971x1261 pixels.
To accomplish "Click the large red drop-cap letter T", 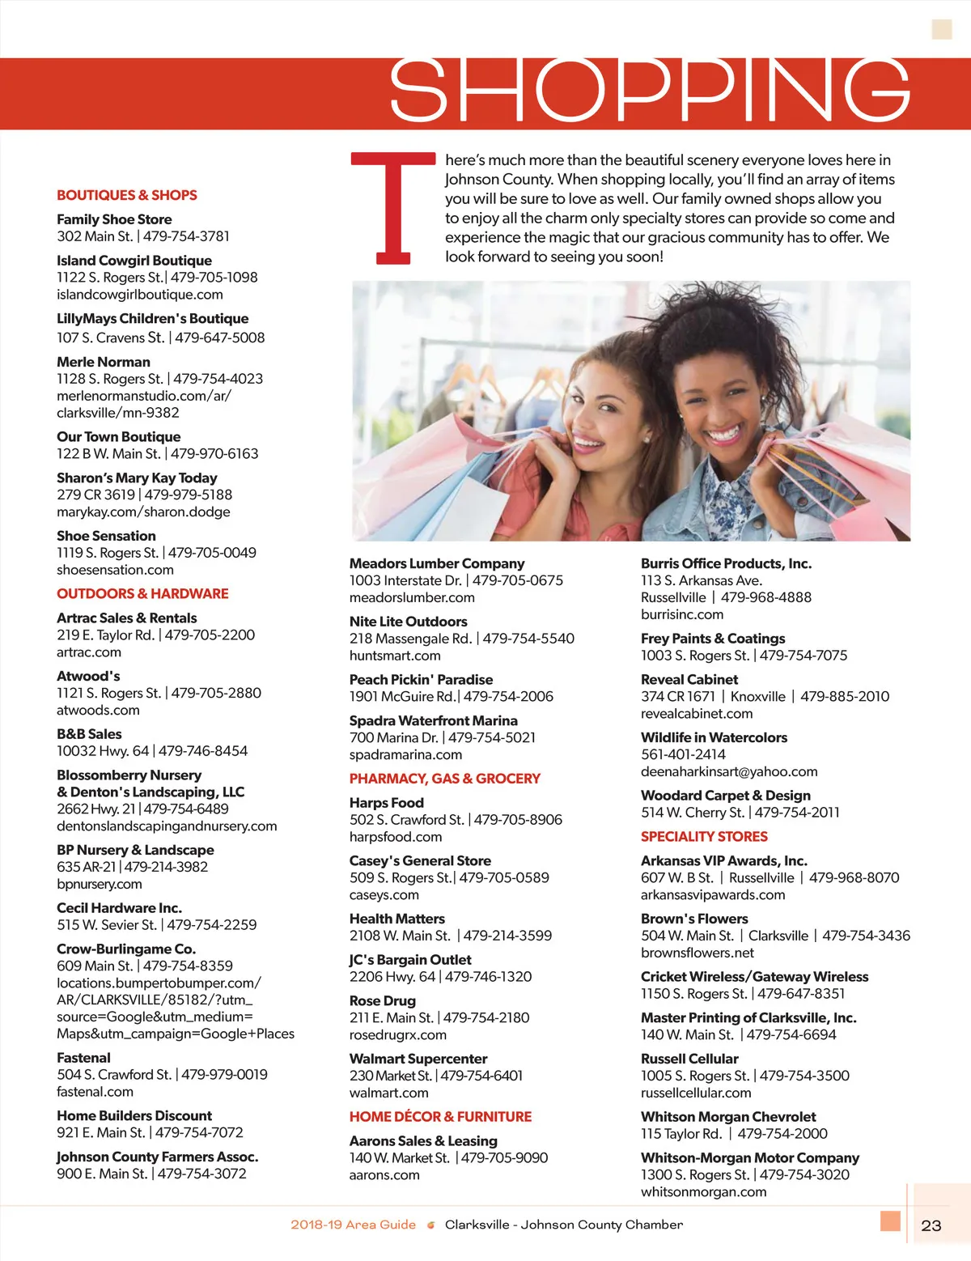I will pyautogui.click(x=392, y=208).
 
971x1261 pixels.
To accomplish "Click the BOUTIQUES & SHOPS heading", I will pyautogui.click(x=127, y=195).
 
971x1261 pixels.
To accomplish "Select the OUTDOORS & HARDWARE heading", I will pyautogui.click(x=142, y=593).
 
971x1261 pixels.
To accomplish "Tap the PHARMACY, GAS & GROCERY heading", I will pyautogui.click(x=444, y=779).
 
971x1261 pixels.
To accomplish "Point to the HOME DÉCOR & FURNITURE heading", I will pyautogui.click(x=440, y=1117).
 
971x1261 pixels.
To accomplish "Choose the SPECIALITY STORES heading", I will pyautogui.click(x=704, y=837).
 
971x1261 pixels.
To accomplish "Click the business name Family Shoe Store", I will pyautogui.click(x=114, y=219).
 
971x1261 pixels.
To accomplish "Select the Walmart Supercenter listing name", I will pyautogui.click(x=418, y=1059).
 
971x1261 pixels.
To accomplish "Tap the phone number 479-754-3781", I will pyautogui.click(x=186, y=236).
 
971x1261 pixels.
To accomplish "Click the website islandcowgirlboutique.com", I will pyautogui.click(x=140, y=295).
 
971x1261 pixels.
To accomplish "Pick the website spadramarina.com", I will pyautogui.click(x=405, y=754).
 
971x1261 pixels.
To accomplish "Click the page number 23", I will pyautogui.click(x=931, y=1225).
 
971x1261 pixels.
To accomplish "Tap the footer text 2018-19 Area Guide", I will pyautogui.click(x=353, y=1225).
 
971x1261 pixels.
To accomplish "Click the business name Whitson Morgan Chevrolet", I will pyautogui.click(x=728, y=1117).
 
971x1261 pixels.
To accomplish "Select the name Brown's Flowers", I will pyautogui.click(x=694, y=919).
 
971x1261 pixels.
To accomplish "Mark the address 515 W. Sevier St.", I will pyautogui.click(x=107, y=924).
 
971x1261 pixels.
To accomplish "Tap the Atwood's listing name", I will pyautogui.click(x=88, y=676).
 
